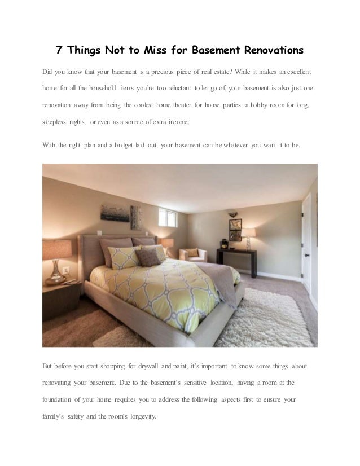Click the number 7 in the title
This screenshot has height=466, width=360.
[59, 51]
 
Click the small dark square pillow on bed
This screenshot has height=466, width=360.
[146, 257]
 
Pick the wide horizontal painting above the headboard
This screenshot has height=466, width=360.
[115, 213]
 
